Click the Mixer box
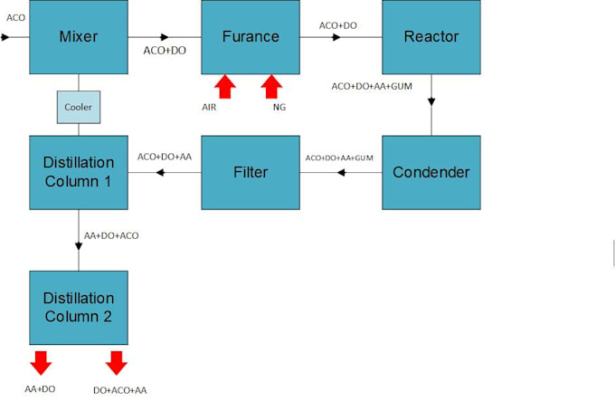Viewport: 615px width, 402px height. point(78,37)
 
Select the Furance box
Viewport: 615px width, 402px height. point(250,37)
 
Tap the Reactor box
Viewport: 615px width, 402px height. point(431,37)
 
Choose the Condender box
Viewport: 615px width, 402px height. point(431,171)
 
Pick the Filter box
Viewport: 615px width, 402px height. point(250,171)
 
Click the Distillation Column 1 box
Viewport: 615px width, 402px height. point(78,171)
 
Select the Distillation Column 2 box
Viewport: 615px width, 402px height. point(78,307)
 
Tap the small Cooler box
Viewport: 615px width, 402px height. point(78,107)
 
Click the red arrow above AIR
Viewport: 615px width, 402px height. point(224,87)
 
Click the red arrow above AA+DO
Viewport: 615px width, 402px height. point(40,362)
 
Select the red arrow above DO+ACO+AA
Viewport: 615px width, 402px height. point(116,362)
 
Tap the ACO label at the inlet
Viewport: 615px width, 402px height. point(15,17)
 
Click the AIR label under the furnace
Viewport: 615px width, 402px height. point(209,107)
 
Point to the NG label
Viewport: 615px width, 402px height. point(279,107)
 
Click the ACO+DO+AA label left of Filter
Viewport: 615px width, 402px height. point(165,157)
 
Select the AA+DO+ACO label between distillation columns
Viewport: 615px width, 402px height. point(111,235)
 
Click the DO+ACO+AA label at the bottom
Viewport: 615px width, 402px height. point(119,389)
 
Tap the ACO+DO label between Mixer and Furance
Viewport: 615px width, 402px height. point(165,51)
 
